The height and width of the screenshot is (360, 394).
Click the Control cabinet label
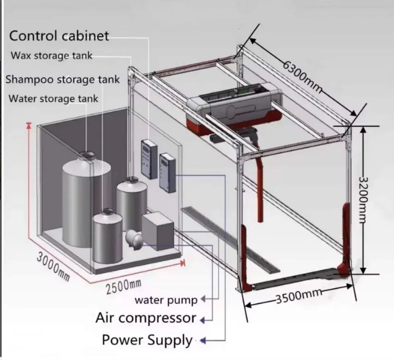[x=59, y=36]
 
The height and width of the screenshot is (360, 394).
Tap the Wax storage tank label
[x=51, y=55]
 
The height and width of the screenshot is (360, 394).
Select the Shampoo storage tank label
[x=62, y=79]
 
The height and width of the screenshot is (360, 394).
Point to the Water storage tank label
[x=53, y=98]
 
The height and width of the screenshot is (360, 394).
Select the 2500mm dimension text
[x=124, y=286]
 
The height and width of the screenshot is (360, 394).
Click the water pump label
[x=166, y=300]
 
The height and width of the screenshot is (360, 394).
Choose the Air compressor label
[x=146, y=318]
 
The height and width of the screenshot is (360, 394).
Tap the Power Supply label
[x=147, y=340]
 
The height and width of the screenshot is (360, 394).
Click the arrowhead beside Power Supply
[x=203, y=341]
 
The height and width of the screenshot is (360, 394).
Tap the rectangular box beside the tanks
[x=158, y=231]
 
